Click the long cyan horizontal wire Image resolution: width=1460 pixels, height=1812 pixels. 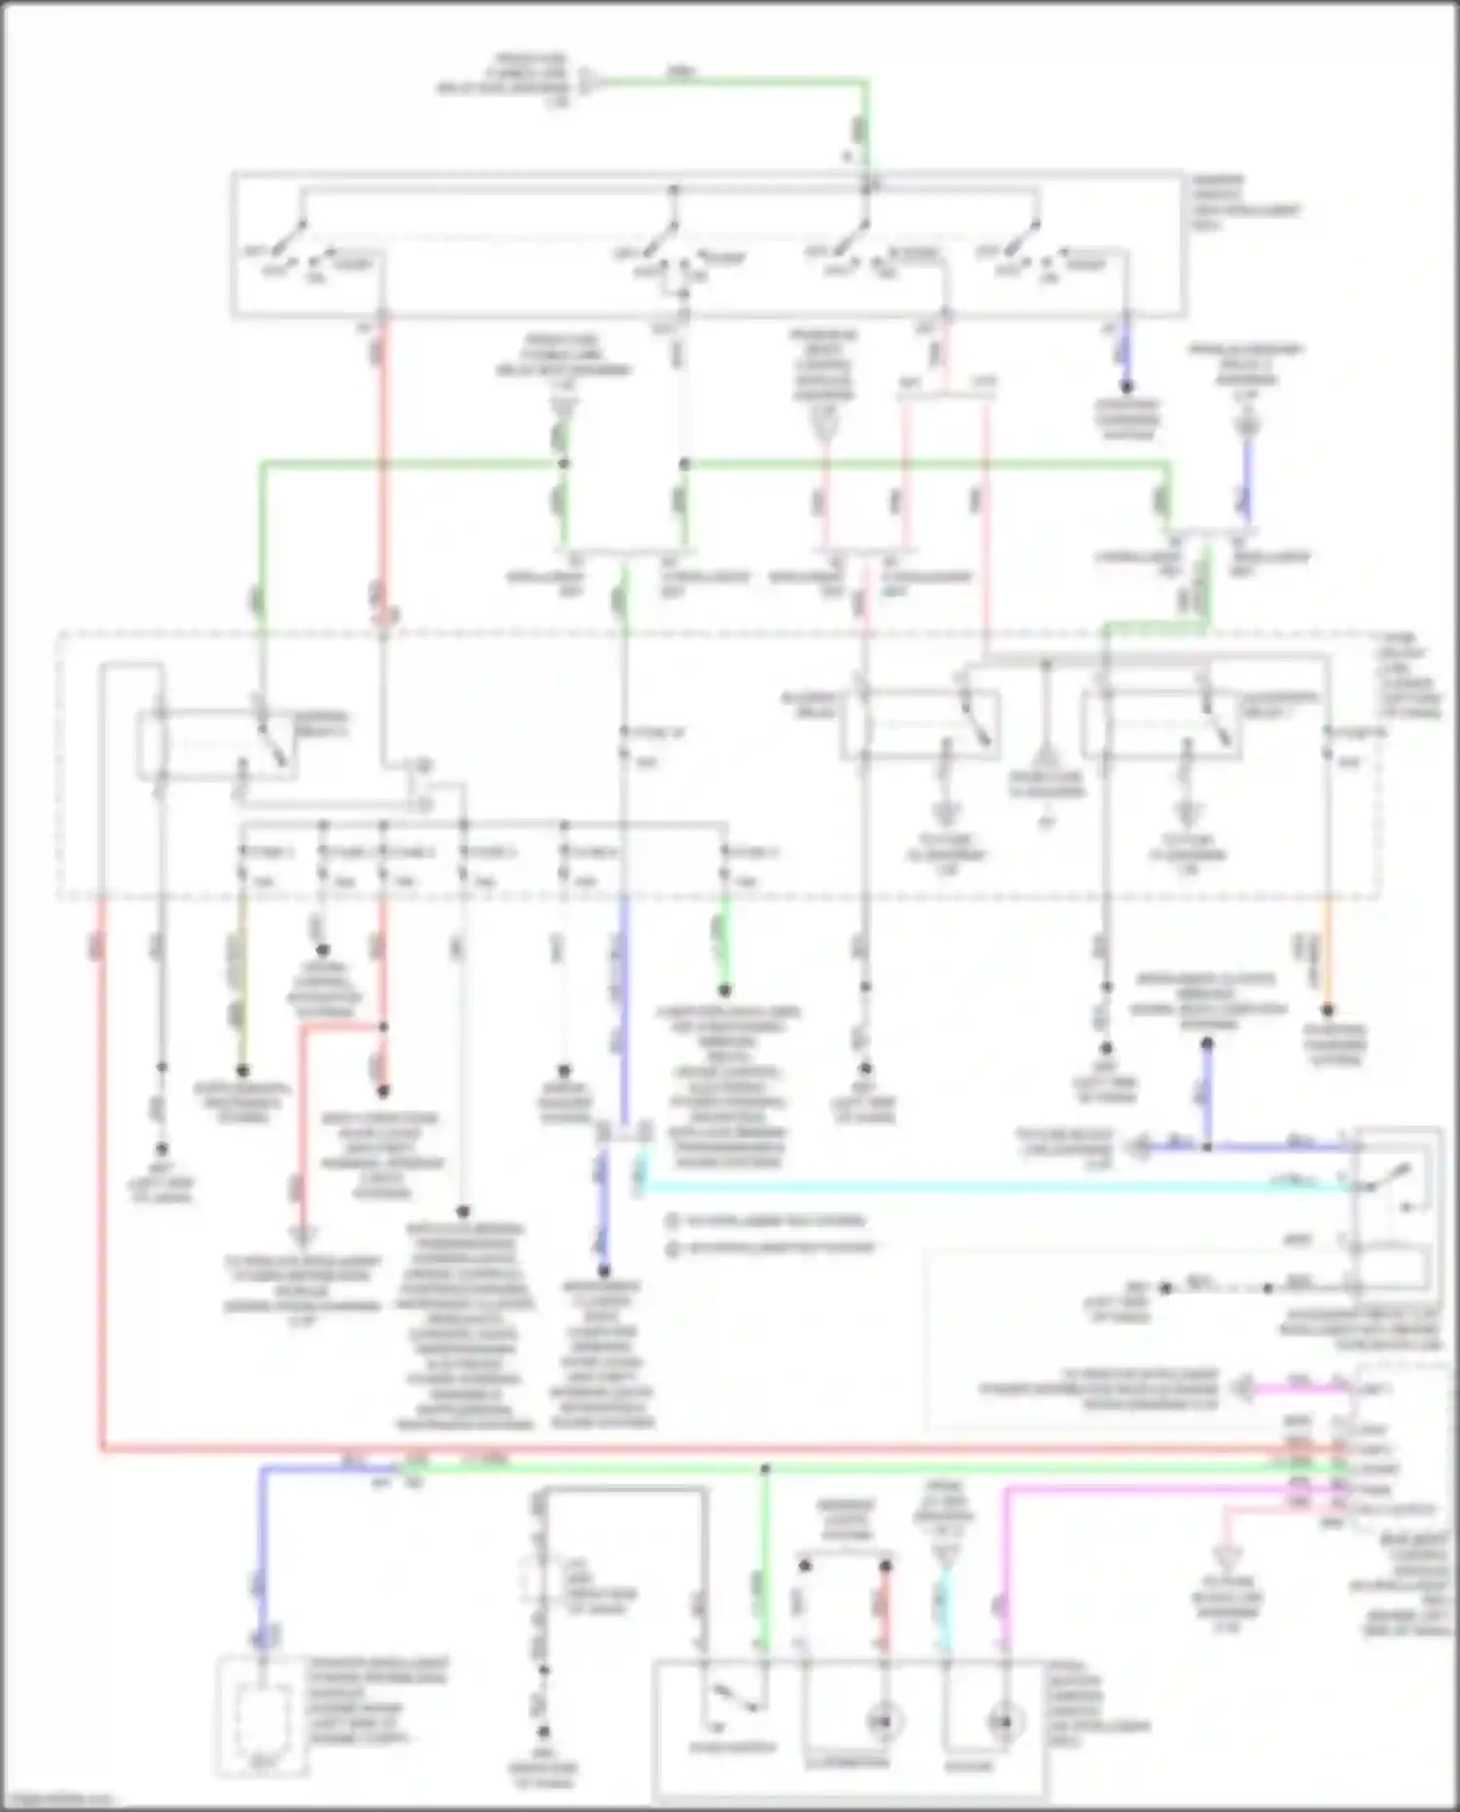(973, 1187)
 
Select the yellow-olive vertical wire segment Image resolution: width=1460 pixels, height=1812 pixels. (242, 983)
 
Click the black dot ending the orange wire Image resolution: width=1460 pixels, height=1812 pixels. (1328, 1011)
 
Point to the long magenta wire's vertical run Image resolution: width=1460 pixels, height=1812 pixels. (1005, 1568)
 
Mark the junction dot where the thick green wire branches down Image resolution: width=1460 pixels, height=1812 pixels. (765, 1467)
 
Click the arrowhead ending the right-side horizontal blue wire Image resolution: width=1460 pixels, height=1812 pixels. (1134, 1148)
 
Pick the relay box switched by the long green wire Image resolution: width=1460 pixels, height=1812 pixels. (216, 745)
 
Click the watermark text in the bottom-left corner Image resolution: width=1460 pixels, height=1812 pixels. (58, 1800)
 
